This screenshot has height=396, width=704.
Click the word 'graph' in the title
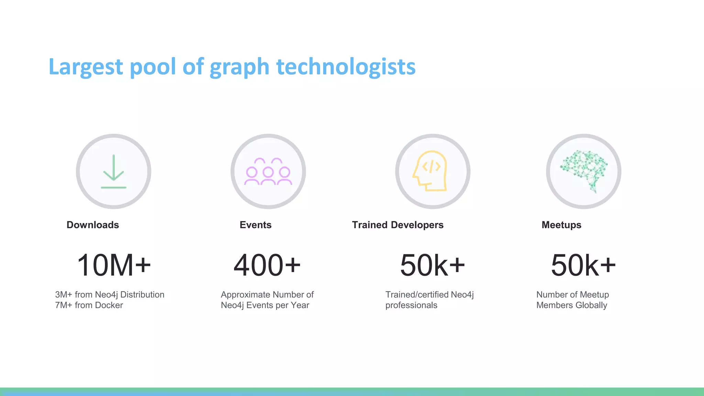tap(239, 67)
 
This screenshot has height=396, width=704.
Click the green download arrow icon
tap(113, 172)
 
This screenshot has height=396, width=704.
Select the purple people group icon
tap(268, 172)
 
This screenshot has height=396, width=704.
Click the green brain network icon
tap(584, 170)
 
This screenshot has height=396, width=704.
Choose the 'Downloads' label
tap(93, 225)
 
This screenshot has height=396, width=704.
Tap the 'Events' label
tap(255, 225)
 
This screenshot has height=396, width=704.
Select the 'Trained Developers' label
tap(398, 225)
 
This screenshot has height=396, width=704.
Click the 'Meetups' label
tap(561, 225)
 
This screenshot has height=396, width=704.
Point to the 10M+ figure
tap(114, 265)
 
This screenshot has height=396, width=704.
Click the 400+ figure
tap(267, 265)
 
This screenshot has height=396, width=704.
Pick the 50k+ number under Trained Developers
tap(432, 265)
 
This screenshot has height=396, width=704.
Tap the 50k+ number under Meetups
tap(583, 265)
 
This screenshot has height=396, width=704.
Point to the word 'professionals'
tap(411, 305)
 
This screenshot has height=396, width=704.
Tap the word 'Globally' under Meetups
tap(591, 305)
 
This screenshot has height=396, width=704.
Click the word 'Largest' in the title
tap(86, 67)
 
